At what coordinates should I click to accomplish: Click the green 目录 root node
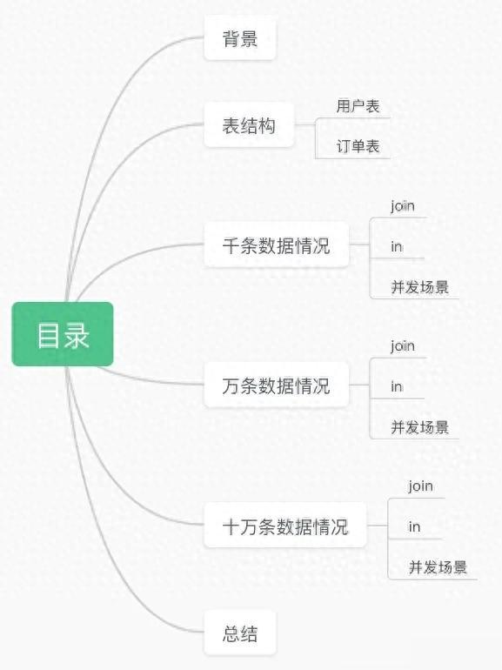click(63, 334)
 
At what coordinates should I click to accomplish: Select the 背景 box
click(240, 37)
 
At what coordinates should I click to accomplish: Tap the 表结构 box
click(249, 124)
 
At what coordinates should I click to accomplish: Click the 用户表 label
click(358, 106)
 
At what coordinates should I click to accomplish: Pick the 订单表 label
click(358, 146)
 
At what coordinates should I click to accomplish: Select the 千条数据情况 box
click(277, 245)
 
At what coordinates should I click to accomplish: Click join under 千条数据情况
click(403, 206)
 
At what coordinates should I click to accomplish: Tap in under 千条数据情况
click(397, 246)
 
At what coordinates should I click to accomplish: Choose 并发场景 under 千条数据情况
click(420, 287)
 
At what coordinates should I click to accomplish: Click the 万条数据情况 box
click(277, 385)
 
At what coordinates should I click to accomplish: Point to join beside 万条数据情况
click(403, 346)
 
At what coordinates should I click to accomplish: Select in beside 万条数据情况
click(397, 386)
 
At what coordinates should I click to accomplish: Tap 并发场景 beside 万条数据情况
click(420, 427)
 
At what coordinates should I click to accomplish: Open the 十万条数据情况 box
click(285, 526)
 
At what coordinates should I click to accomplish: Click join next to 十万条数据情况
click(420, 486)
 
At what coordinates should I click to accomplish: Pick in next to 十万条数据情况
click(414, 526)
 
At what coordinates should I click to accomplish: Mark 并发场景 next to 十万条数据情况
click(438, 567)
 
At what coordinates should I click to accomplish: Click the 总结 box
click(240, 633)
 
